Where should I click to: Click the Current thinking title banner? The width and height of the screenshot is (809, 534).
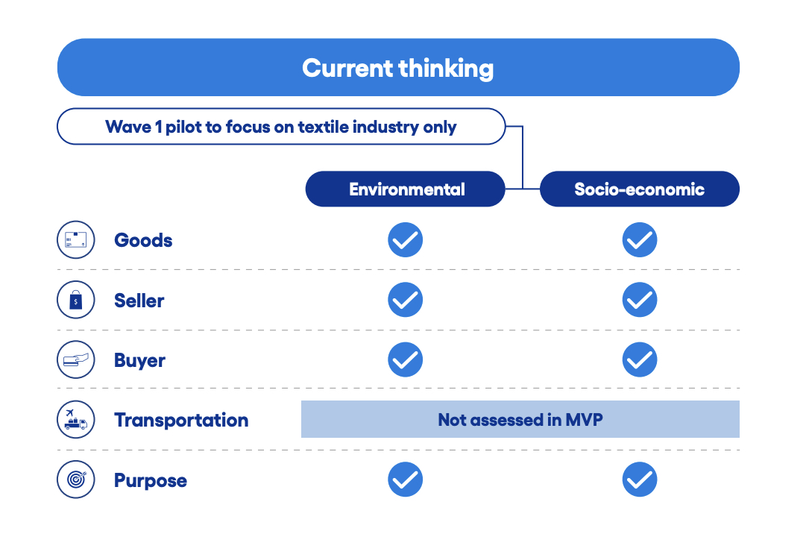tap(398, 67)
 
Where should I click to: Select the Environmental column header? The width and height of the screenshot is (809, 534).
tap(405, 189)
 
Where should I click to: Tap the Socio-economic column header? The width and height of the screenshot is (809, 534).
tap(639, 189)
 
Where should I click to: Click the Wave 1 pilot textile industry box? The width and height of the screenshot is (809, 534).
tap(281, 126)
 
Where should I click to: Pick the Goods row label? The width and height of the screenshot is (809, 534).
tap(143, 240)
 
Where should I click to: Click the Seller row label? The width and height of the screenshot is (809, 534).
tap(139, 301)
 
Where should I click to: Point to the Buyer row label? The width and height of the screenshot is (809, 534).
tap(140, 360)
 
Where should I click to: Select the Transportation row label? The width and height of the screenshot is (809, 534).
tap(181, 420)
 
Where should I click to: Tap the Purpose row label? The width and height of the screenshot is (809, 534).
tap(151, 480)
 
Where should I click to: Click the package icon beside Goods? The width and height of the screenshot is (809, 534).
tap(76, 240)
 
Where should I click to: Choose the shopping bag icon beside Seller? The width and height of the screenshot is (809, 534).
tap(76, 300)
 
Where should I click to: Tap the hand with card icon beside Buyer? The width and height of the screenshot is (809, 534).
tap(76, 359)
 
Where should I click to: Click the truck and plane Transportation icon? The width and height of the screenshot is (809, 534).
tap(76, 419)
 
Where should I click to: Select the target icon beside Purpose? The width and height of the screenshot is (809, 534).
tap(76, 480)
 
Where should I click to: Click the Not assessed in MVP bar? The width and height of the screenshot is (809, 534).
tap(520, 419)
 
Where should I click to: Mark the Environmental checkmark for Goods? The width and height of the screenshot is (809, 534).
tap(406, 240)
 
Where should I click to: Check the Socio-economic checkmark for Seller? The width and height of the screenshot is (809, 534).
tap(640, 300)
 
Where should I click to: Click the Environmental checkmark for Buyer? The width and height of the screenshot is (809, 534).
tap(406, 359)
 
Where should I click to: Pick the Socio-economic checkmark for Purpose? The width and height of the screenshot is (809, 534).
tap(640, 480)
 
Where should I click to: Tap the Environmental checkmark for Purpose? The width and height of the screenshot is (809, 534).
tap(406, 480)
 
